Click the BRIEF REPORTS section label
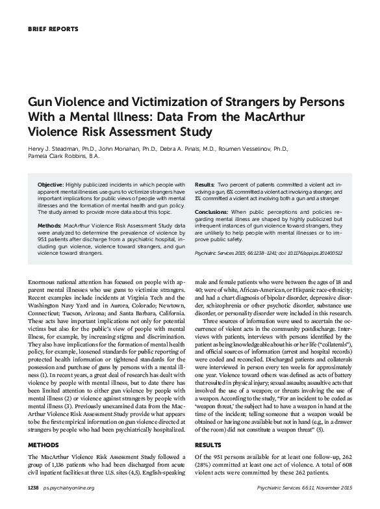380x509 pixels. click(53, 30)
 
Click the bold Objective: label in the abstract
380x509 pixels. click(50, 185)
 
